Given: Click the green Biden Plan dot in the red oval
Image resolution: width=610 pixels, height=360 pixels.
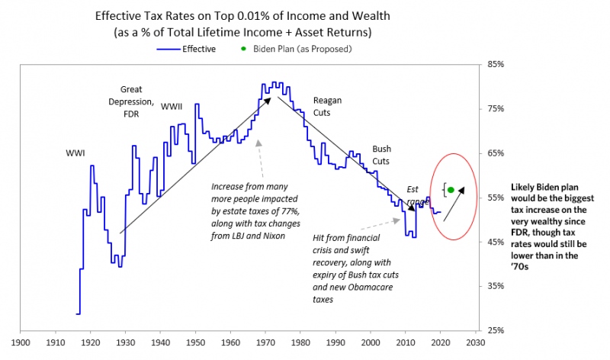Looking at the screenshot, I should pos(451,190).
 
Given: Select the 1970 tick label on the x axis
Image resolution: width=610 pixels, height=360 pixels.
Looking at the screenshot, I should pos(265,342).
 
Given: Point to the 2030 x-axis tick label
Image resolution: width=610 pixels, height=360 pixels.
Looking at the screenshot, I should pos(477,342).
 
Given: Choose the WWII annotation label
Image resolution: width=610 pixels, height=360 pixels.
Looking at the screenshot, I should pos(172,106).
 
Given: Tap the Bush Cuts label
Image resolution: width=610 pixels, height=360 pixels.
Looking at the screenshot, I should pos(381,155).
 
